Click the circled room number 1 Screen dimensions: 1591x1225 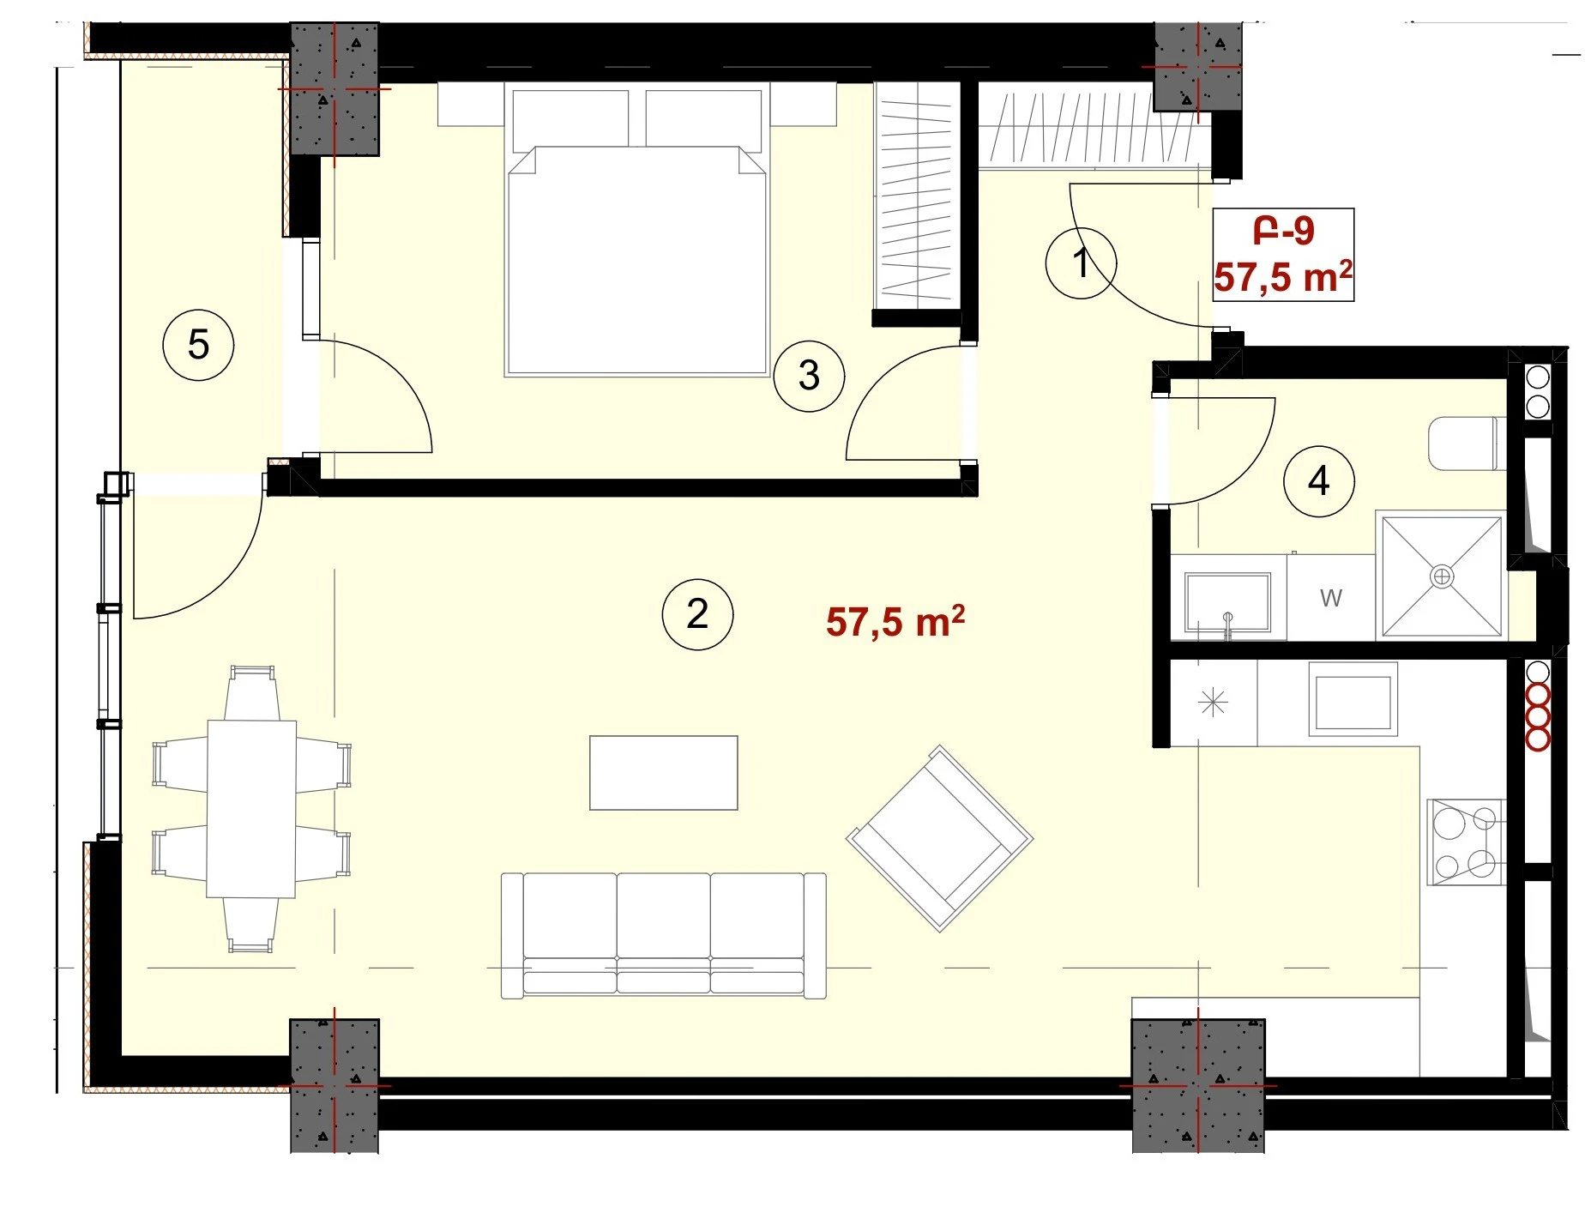pyautogui.click(x=1081, y=262)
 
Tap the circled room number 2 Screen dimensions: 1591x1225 pyautogui.click(x=697, y=614)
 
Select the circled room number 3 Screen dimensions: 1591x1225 pyautogui.click(x=809, y=376)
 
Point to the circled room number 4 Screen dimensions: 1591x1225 pyautogui.click(x=1318, y=481)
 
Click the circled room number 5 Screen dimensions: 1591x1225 pyautogui.click(x=198, y=345)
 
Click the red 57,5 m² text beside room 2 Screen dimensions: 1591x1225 pyautogui.click(x=895, y=621)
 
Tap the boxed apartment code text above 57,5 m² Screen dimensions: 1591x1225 pyautogui.click(x=1283, y=230)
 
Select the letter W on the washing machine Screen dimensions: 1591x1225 pyautogui.click(x=1330, y=598)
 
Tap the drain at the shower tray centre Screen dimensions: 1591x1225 pyautogui.click(x=1442, y=576)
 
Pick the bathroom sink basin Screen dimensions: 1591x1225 pyautogui.click(x=1227, y=602)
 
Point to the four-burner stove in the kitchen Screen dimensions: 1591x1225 pyautogui.click(x=1465, y=842)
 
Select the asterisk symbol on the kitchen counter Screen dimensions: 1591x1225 pyautogui.click(x=1213, y=703)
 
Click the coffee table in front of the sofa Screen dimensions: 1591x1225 pyautogui.click(x=663, y=772)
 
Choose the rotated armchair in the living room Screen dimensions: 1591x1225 pyautogui.click(x=940, y=838)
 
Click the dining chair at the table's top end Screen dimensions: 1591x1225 pyautogui.click(x=251, y=692)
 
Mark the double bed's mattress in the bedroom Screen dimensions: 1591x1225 pyautogui.click(x=636, y=261)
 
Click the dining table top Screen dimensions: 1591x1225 pyautogui.click(x=251, y=809)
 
